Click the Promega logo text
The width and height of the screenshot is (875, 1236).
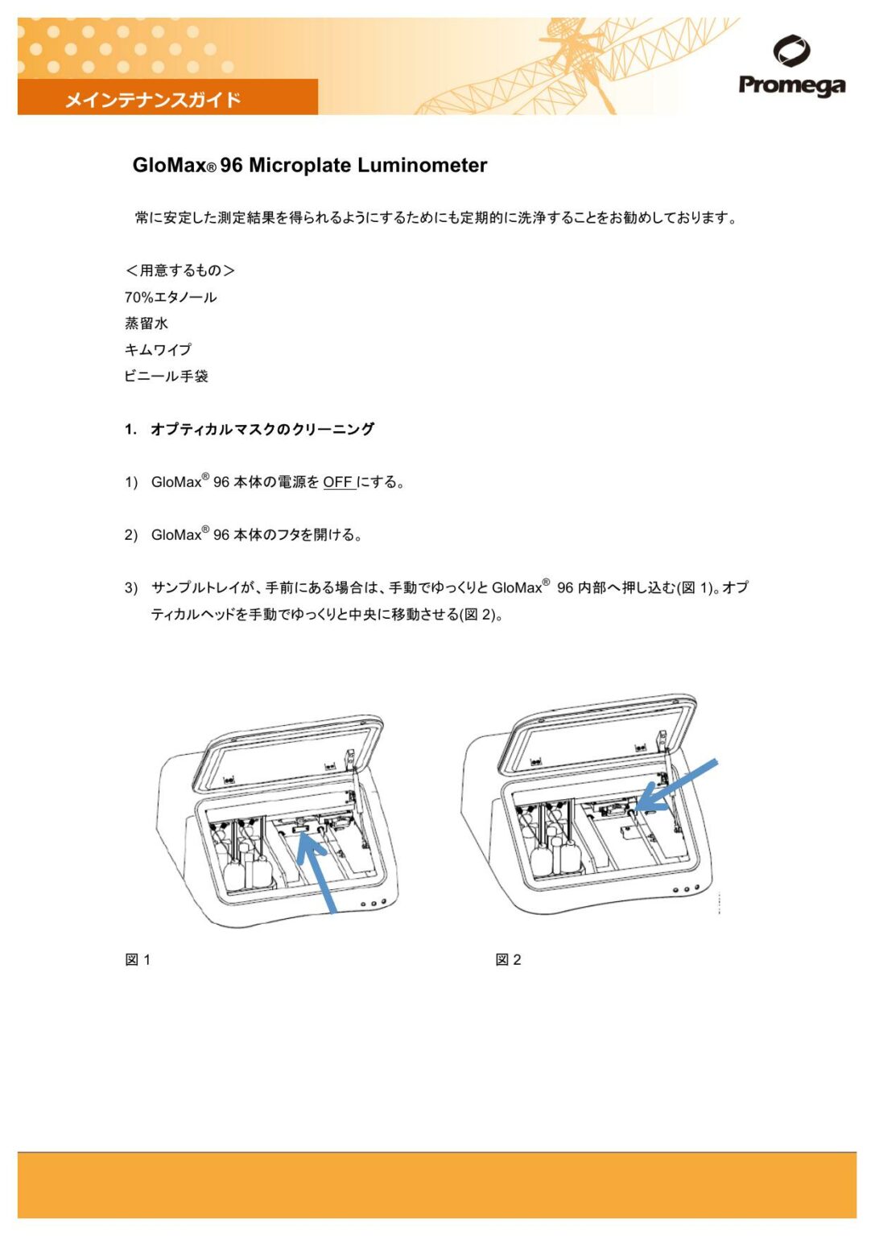791,85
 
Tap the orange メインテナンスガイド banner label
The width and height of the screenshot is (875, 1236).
153,100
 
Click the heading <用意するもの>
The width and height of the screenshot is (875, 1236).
180,270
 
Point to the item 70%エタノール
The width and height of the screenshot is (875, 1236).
171,297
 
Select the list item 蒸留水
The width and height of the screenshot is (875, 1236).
147,323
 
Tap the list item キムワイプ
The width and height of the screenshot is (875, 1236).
158,350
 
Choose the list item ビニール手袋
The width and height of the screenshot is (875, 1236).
166,377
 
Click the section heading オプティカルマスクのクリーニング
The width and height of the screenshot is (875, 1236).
262,430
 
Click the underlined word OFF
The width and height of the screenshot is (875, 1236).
338,482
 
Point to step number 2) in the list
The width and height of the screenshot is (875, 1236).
131,535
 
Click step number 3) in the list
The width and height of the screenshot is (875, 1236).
131,588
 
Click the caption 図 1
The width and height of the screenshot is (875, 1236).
138,959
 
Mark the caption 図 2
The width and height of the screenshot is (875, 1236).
508,959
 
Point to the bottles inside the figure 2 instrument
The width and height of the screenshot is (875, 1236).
552,849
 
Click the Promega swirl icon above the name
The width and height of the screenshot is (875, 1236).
791,51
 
